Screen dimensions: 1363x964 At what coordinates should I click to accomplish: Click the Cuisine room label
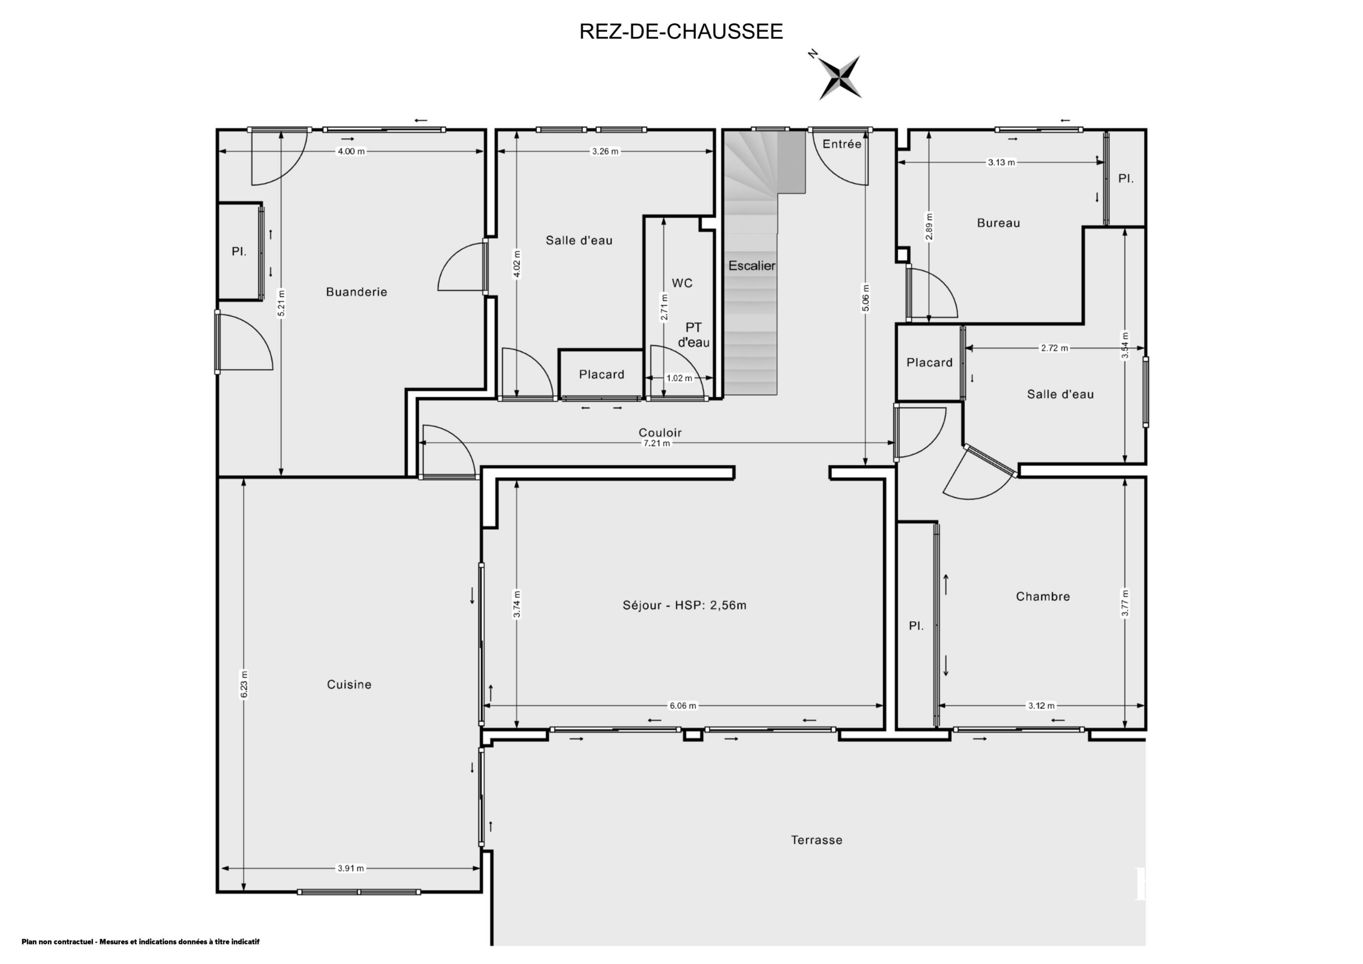[349, 685]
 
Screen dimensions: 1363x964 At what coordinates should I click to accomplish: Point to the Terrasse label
[816, 840]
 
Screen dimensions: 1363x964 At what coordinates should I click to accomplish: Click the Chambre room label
[1043, 597]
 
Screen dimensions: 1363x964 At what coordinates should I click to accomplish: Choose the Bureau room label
[998, 223]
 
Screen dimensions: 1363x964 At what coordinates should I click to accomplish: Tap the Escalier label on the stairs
[752, 266]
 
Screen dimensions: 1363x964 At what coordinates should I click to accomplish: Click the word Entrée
[842, 144]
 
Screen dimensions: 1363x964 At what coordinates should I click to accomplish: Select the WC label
[682, 283]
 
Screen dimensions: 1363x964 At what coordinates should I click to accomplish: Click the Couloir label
[660, 433]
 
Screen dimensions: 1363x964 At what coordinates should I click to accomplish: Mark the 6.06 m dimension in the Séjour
[683, 706]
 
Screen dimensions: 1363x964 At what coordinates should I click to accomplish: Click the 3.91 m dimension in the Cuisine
[350, 868]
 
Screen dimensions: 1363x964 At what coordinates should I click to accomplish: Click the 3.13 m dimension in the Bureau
[1001, 162]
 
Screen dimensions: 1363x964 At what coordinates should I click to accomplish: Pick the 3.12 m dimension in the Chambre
[1041, 706]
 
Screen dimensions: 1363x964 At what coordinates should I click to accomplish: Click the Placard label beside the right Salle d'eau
[929, 363]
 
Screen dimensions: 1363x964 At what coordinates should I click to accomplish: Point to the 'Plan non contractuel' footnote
[140, 941]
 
